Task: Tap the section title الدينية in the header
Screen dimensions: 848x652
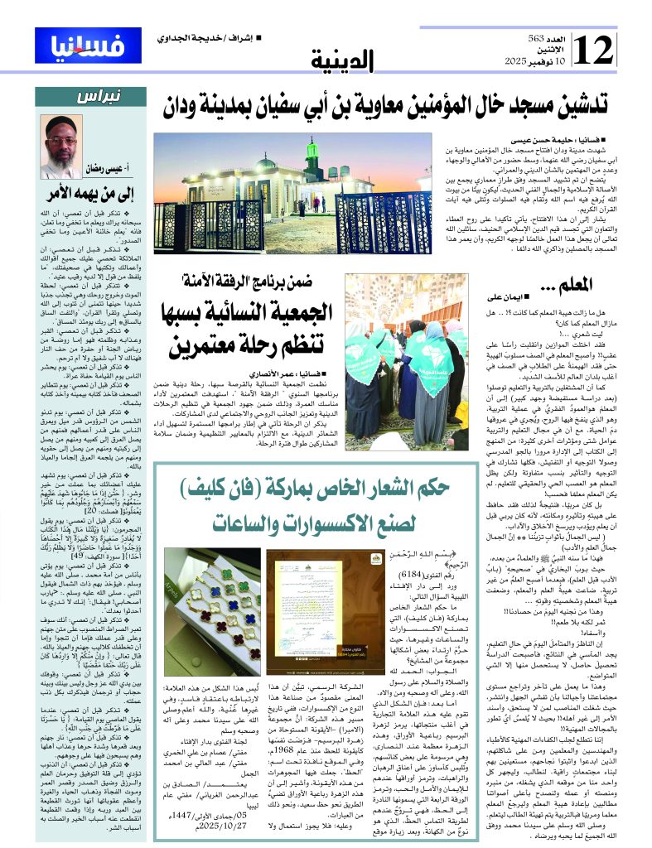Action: coord(343,59)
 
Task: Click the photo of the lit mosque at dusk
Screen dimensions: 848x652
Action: coord(293,191)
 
